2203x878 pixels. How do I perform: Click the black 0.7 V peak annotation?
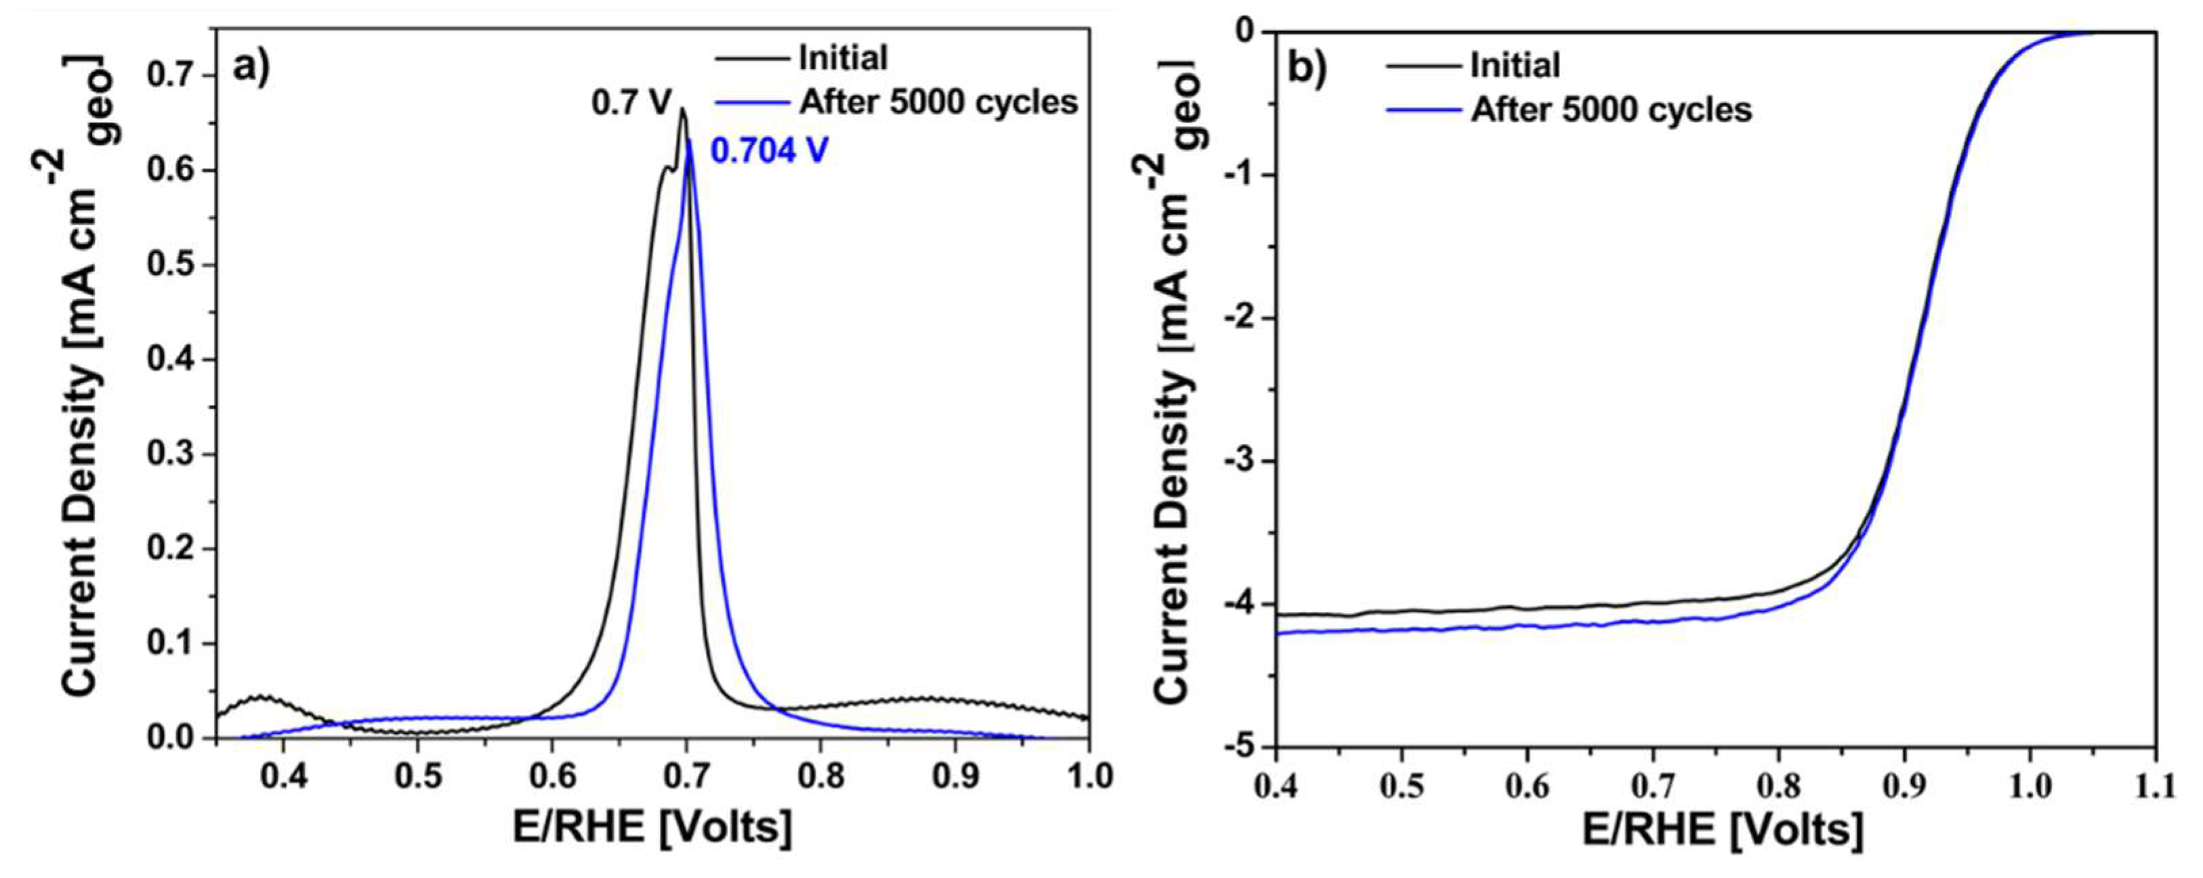(x=632, y=104)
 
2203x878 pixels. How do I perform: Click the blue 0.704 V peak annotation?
(x=769, y=152)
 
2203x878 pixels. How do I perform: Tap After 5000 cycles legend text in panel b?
(x=1611, y=110)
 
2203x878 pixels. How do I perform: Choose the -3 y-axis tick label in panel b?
(x=1245, y=461)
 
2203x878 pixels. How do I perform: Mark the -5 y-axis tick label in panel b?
(x=1245, y=747)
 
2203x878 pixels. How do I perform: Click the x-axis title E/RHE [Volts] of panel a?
(x=652, y=827)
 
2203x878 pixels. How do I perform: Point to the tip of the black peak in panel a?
(x=682, y=108)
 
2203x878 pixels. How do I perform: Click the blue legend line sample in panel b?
(x=1421, y=110)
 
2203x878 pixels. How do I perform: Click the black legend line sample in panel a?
(x=751, y=58)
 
